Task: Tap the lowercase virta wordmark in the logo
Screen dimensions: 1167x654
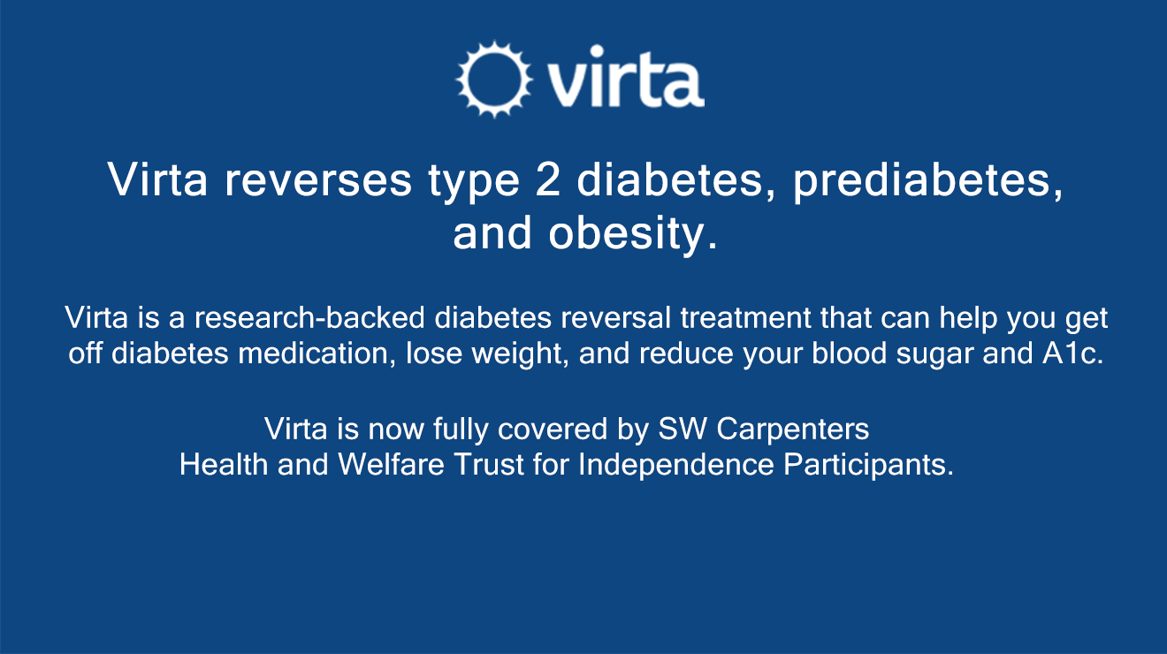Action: [625, 77]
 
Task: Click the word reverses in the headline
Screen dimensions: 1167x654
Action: [318, 180]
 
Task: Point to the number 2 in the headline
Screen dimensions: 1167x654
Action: [547, 179]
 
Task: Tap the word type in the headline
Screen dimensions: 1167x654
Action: [474, 182]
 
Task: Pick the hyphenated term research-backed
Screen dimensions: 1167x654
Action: [309, 317]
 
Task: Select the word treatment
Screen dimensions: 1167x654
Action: [745, 317]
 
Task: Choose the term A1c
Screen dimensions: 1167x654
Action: [1072, 353]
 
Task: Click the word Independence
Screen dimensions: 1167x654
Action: [676, 466]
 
